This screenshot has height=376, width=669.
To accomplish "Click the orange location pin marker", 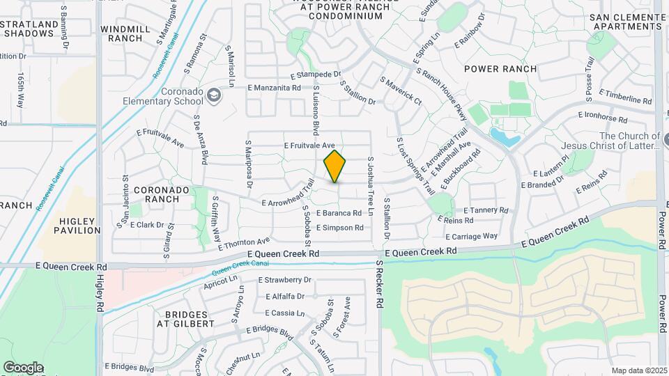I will (334, 166).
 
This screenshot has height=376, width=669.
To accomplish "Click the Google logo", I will (23, 367).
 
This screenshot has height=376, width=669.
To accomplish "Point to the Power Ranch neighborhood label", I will (500, 69).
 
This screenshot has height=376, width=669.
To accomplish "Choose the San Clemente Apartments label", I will (625, 22).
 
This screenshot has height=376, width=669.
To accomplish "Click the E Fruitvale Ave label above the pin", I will (314, 146).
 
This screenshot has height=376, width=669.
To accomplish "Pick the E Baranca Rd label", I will (339, 213).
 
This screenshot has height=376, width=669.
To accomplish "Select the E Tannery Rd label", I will (486, 210).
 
